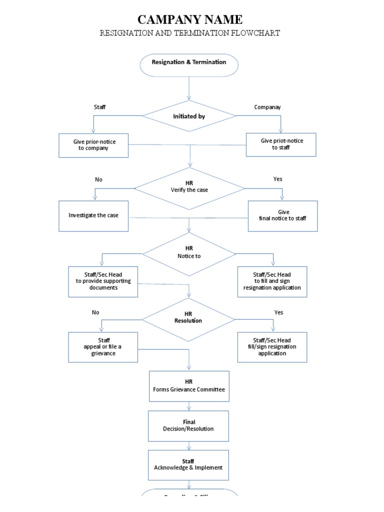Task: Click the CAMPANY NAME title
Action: [189, 19]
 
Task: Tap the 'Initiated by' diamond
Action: [189, 116]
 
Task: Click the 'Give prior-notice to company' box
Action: [93, 145]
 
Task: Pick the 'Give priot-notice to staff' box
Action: [281, 144]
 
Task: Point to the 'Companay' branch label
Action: [267, 107]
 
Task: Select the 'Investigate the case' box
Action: [93, 215]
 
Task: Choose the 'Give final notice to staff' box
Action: [282, 215]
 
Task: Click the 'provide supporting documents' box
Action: [103, 281]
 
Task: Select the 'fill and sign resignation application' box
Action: [272, 281]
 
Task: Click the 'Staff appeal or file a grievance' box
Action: [103, 347]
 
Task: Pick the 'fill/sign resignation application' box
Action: [272, 347]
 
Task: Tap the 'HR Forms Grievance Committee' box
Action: [189, 385]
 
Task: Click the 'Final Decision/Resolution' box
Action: [188, 425]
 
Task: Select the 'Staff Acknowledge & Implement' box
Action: [188, 464]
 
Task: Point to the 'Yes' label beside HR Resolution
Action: [278, 312]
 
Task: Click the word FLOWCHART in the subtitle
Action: [255, 33]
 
